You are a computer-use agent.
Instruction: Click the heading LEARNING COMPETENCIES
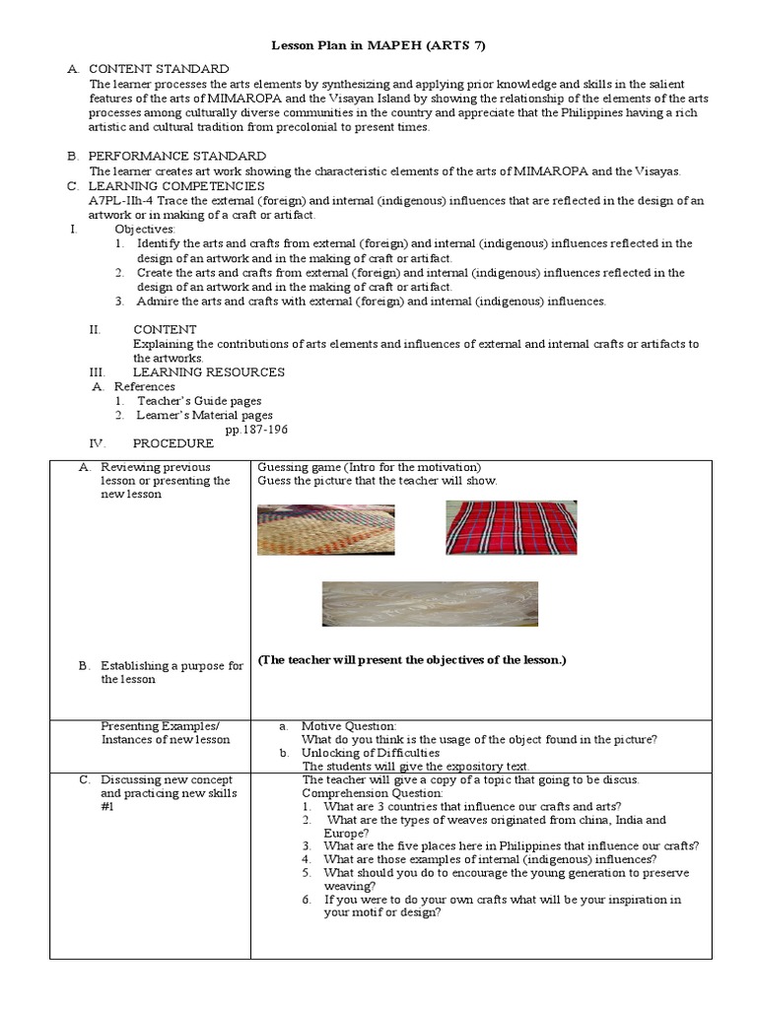(176, 185)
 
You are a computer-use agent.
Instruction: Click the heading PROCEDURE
(172, 443)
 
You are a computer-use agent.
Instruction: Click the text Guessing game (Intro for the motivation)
(369, 466)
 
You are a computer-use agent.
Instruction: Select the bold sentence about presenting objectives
(412, 659)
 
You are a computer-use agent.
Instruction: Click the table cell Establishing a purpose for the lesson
(172, 672)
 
